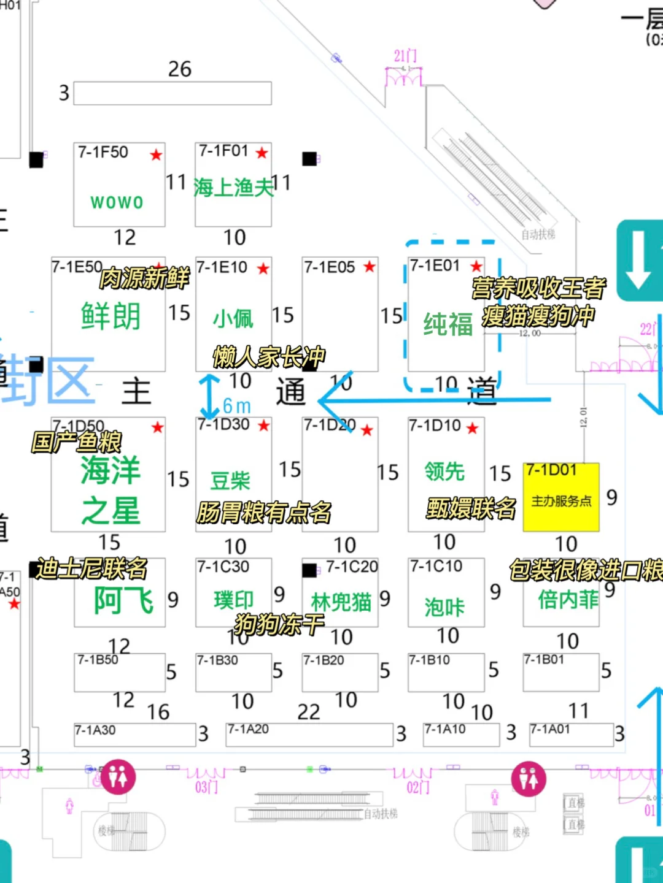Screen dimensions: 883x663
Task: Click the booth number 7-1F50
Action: (x=103, y=152)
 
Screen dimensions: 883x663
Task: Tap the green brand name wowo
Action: (x=117, y=202)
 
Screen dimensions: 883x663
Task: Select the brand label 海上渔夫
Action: (x=233, y=188)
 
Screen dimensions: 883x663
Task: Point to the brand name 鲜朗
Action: (x=110, y=316)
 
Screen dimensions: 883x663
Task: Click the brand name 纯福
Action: (x=448, y=324)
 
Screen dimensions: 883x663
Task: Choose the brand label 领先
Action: (x=444, y=472)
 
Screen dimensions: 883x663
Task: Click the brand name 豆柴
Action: (x=230, y=481)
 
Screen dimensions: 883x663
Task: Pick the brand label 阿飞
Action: (x=123, y=600)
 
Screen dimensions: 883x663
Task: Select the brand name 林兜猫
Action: (x=341, y=602)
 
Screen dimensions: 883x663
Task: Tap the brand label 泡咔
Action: (x=444, y=606)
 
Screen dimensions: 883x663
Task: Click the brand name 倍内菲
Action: (x=568, y=599)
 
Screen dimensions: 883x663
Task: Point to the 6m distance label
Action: (x=236, y=406)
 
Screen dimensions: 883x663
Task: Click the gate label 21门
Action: (x=405, y=56)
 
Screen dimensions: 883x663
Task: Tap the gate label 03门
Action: (x=206, y=787)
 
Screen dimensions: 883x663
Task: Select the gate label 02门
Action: (x=417, y=787)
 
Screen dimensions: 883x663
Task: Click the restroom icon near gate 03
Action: (x=118, y=777)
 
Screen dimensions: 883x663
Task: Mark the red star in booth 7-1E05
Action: (x=369, y=267)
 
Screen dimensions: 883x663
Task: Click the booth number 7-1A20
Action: (x=248, y=729)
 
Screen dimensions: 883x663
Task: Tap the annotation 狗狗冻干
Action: (x=279, y=624)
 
